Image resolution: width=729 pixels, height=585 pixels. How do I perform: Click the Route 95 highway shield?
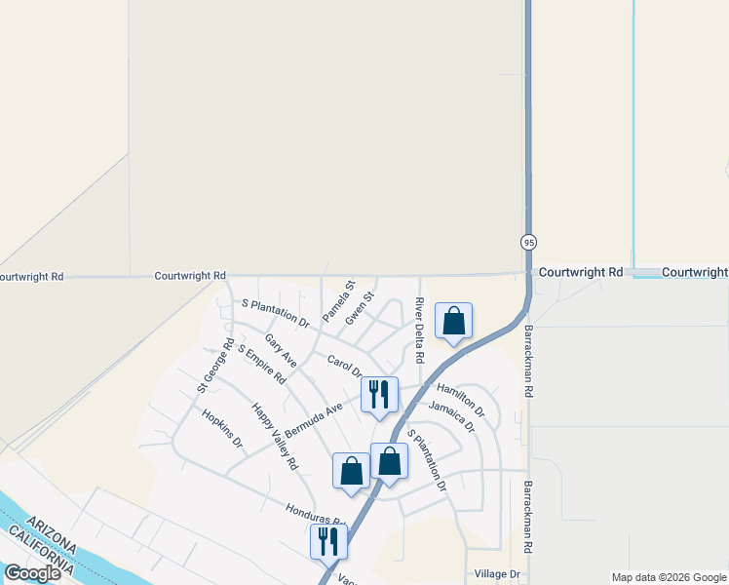click(528, 242)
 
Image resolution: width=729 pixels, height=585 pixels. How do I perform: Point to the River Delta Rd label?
click(419, 330)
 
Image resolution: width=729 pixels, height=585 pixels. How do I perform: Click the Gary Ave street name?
click(281, 353)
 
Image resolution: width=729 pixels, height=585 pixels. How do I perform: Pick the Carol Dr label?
click(345, 366)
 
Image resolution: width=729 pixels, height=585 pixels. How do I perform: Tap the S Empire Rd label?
click(261, 364)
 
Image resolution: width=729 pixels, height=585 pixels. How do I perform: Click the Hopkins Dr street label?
click(222, 426)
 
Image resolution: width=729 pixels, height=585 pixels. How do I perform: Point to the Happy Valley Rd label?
click(274, 437)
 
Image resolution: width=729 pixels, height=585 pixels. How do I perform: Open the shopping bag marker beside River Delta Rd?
click(453, 321)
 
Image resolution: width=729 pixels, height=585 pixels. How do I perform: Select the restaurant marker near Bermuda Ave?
click(379, 395)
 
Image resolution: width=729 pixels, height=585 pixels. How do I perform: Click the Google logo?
click(32, 573)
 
